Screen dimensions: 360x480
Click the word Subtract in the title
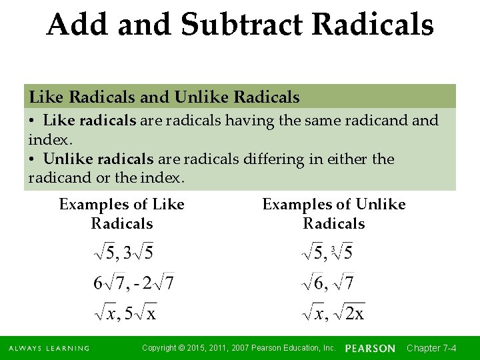click(241, 25)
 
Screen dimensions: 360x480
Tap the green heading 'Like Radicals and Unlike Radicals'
click(164, 97)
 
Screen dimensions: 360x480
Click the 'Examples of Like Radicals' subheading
click(122, 214)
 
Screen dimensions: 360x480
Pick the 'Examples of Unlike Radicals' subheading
click(334, 214)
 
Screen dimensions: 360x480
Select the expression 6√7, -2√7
click(133, 283)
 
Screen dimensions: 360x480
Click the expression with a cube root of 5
click(327, 253)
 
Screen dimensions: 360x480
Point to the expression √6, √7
click(327, 283)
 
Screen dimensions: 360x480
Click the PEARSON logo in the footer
click(370, 349)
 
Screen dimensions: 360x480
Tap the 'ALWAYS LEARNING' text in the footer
click(49, 349)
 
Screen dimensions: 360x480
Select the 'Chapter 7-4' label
click(431, 349)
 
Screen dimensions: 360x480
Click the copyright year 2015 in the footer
click(203, 348)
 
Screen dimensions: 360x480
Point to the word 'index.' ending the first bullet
click(50, 140)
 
